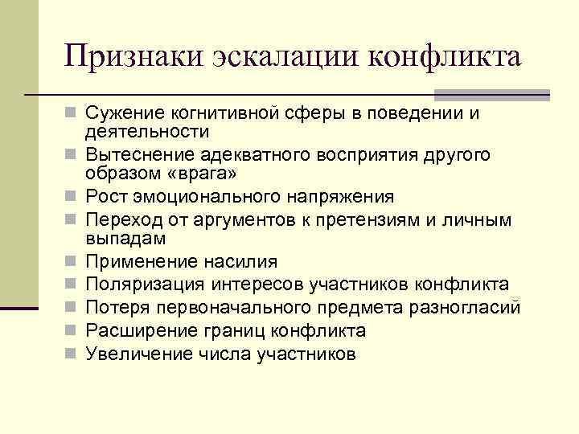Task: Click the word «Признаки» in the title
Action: pyautogui.click(x=134, y=57)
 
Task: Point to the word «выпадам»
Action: pyautogui.click(x=125, y=240)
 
